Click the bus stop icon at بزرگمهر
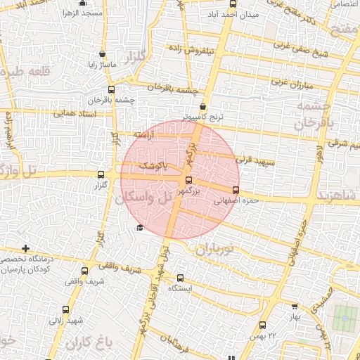pos(186,180)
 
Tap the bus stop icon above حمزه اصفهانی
pos(236,190)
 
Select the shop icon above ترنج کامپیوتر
pos(203,106)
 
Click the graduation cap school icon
pos(139,227)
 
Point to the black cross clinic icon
pos(26,248)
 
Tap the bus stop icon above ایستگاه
pos(180,278)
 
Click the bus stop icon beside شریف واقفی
pos(85,271)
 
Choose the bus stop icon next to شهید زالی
pos(65,309)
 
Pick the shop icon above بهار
pos(295,307)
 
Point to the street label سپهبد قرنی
pos(259,163)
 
